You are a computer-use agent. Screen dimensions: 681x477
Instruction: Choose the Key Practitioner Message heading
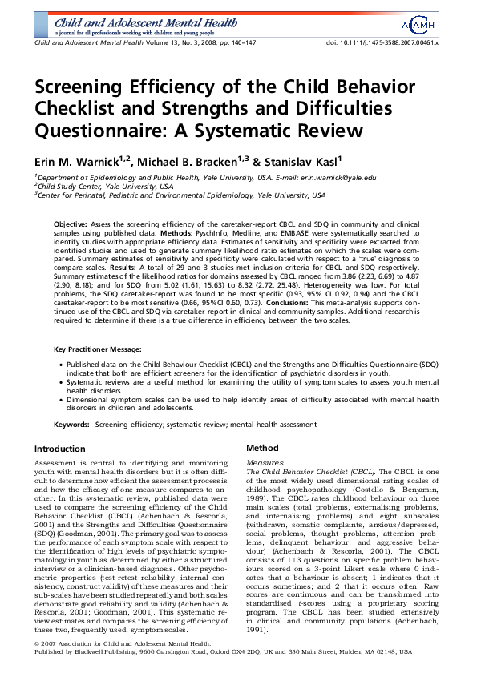[103, 350]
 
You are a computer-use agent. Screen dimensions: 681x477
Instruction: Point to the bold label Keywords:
[72, 423]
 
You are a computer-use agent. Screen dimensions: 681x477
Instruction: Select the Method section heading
[262, 449]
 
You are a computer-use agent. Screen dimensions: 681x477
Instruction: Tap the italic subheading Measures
[265, 463]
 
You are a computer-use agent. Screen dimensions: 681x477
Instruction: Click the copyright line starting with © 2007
[112, 666]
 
